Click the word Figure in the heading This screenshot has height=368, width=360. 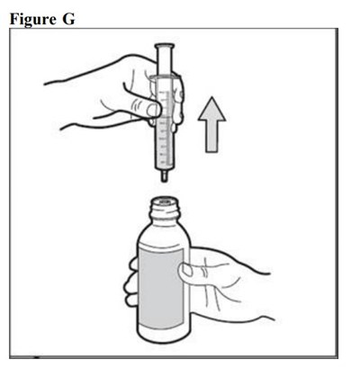(33, 19)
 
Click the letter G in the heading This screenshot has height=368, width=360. (68, 19)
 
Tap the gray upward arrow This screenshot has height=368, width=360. (211, 124)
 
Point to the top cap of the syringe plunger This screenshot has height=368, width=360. (165, 46)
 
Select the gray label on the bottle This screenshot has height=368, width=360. (161, 288)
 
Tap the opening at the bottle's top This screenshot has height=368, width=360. (165, 201)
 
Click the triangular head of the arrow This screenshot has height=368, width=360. (211, 110)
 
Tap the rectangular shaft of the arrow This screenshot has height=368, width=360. (211, 137)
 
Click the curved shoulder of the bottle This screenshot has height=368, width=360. (164, 232)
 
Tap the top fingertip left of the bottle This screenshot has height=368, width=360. (133, 264)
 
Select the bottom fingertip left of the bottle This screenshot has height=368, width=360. (130, 301)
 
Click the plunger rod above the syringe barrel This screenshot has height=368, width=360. (165, 61)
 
